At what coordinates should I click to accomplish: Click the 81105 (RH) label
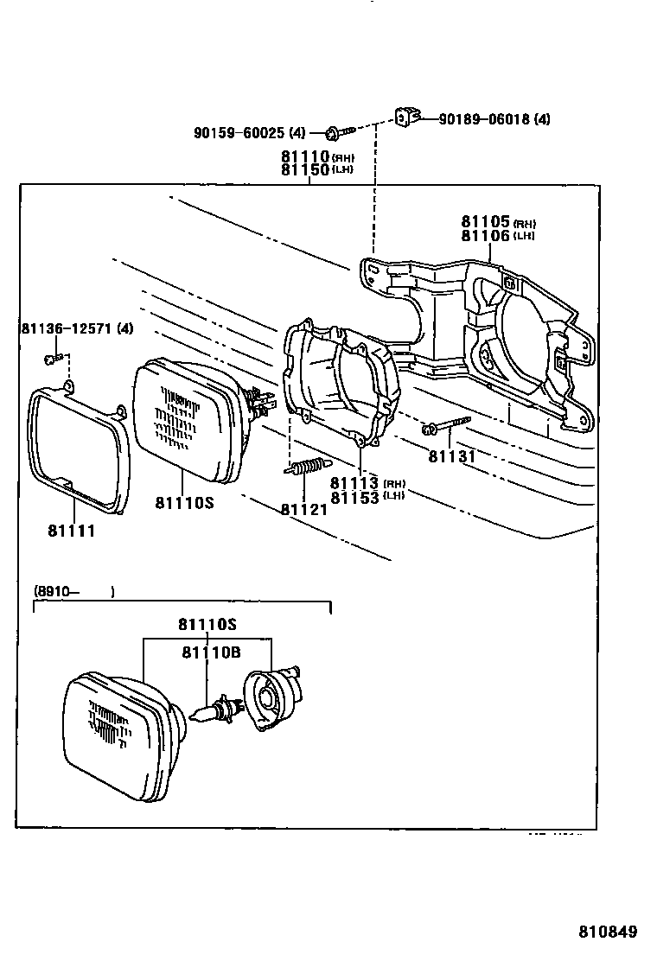tap(498, 221)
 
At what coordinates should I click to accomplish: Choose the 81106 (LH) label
tap(498, 235)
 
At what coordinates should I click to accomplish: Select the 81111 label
tap(71, 531)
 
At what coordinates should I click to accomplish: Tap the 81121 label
tap(303, 509)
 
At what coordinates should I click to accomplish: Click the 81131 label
tap(452, 455)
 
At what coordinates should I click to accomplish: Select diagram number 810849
tap(608, 932)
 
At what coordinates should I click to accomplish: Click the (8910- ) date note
tap(74, 592)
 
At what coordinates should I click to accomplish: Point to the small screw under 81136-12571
tap(53, 358)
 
